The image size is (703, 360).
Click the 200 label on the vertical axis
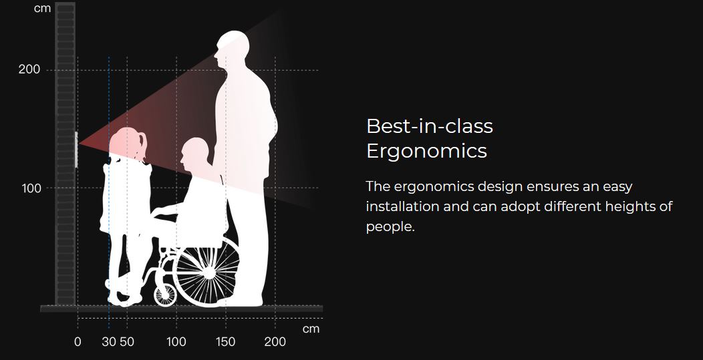(x=29, y=69)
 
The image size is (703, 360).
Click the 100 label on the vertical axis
(x=31, y=188)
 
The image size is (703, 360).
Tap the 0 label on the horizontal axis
(x=78, y=341)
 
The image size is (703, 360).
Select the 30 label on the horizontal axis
(x=109, y=341)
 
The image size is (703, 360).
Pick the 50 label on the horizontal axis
(x=127, y=341)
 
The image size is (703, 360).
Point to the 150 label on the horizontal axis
(x=225, y=341)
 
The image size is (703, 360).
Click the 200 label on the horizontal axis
(x=275, y=341)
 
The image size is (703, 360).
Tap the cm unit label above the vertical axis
(x=42, y=8)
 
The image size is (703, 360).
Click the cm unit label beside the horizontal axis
(x=311, y=329)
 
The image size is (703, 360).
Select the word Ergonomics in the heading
(x=426, y=151)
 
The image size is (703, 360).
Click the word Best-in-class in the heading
(x=430, y=126)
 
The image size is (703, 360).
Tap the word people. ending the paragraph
(x=390, y=227)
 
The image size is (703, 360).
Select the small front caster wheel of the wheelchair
(x=165, y=295)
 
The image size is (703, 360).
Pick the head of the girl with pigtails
(x=128, y=144)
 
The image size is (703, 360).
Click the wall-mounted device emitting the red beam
(x=76, y=150)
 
